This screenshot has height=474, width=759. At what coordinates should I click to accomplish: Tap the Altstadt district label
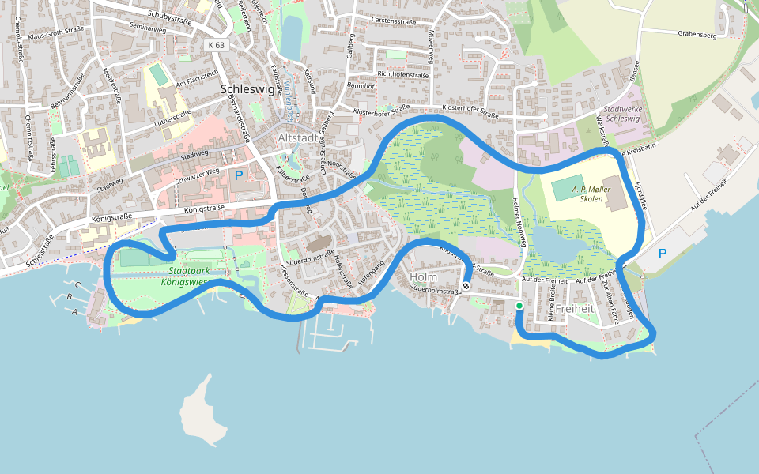(x=298, y=138)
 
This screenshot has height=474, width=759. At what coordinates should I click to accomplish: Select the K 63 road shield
(x=217, y=45)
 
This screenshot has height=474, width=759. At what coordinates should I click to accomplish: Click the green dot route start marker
(x=519, y=306)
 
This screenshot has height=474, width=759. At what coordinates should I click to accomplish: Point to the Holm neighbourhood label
(x=424, y=277)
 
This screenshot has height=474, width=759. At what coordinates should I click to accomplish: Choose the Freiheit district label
(x=575, y=307)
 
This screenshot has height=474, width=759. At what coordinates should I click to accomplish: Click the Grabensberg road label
(x=697, y=34)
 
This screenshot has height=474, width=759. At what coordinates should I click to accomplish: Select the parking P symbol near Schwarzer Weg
(x=239, y=175)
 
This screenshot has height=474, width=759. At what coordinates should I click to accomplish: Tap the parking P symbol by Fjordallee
(x=662, y=254)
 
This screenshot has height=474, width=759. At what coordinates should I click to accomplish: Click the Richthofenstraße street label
(x=403, y=75)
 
